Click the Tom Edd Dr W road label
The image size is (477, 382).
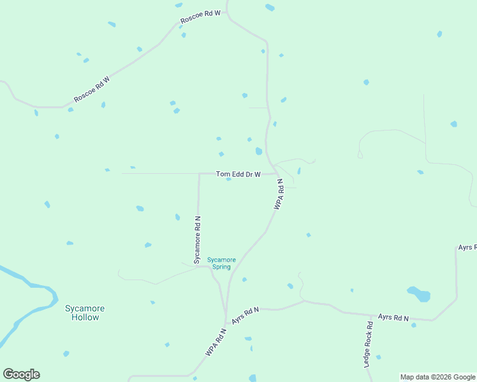click(x=238, y=174)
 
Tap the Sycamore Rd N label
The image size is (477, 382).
click(x=197, y=235)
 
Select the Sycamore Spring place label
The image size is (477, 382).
click(x=221, y=263)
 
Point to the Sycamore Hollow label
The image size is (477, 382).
click(x=84, y=313)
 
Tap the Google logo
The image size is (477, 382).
click(x=21, y=374)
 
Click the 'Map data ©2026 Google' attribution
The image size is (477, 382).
click(x=437, y=377)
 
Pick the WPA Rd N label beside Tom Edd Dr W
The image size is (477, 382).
click(x=278, y=194)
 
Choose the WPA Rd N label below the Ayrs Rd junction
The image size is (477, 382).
click(x=216, y=342)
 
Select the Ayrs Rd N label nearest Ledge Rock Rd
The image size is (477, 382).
click(x=393, y=316)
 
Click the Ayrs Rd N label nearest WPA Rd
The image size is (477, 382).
click(x=246, y=315)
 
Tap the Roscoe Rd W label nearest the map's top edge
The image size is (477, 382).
click(x=200, y=17)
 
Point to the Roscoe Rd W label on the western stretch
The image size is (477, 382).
click(x=92, y=89)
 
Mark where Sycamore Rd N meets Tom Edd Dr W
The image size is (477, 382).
click(x=199, y=173)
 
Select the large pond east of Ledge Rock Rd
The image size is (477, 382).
click(x=419, y=294)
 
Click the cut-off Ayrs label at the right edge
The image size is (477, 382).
click(x=467, y=247)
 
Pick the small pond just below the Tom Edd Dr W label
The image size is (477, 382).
click(x=228, y=179)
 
